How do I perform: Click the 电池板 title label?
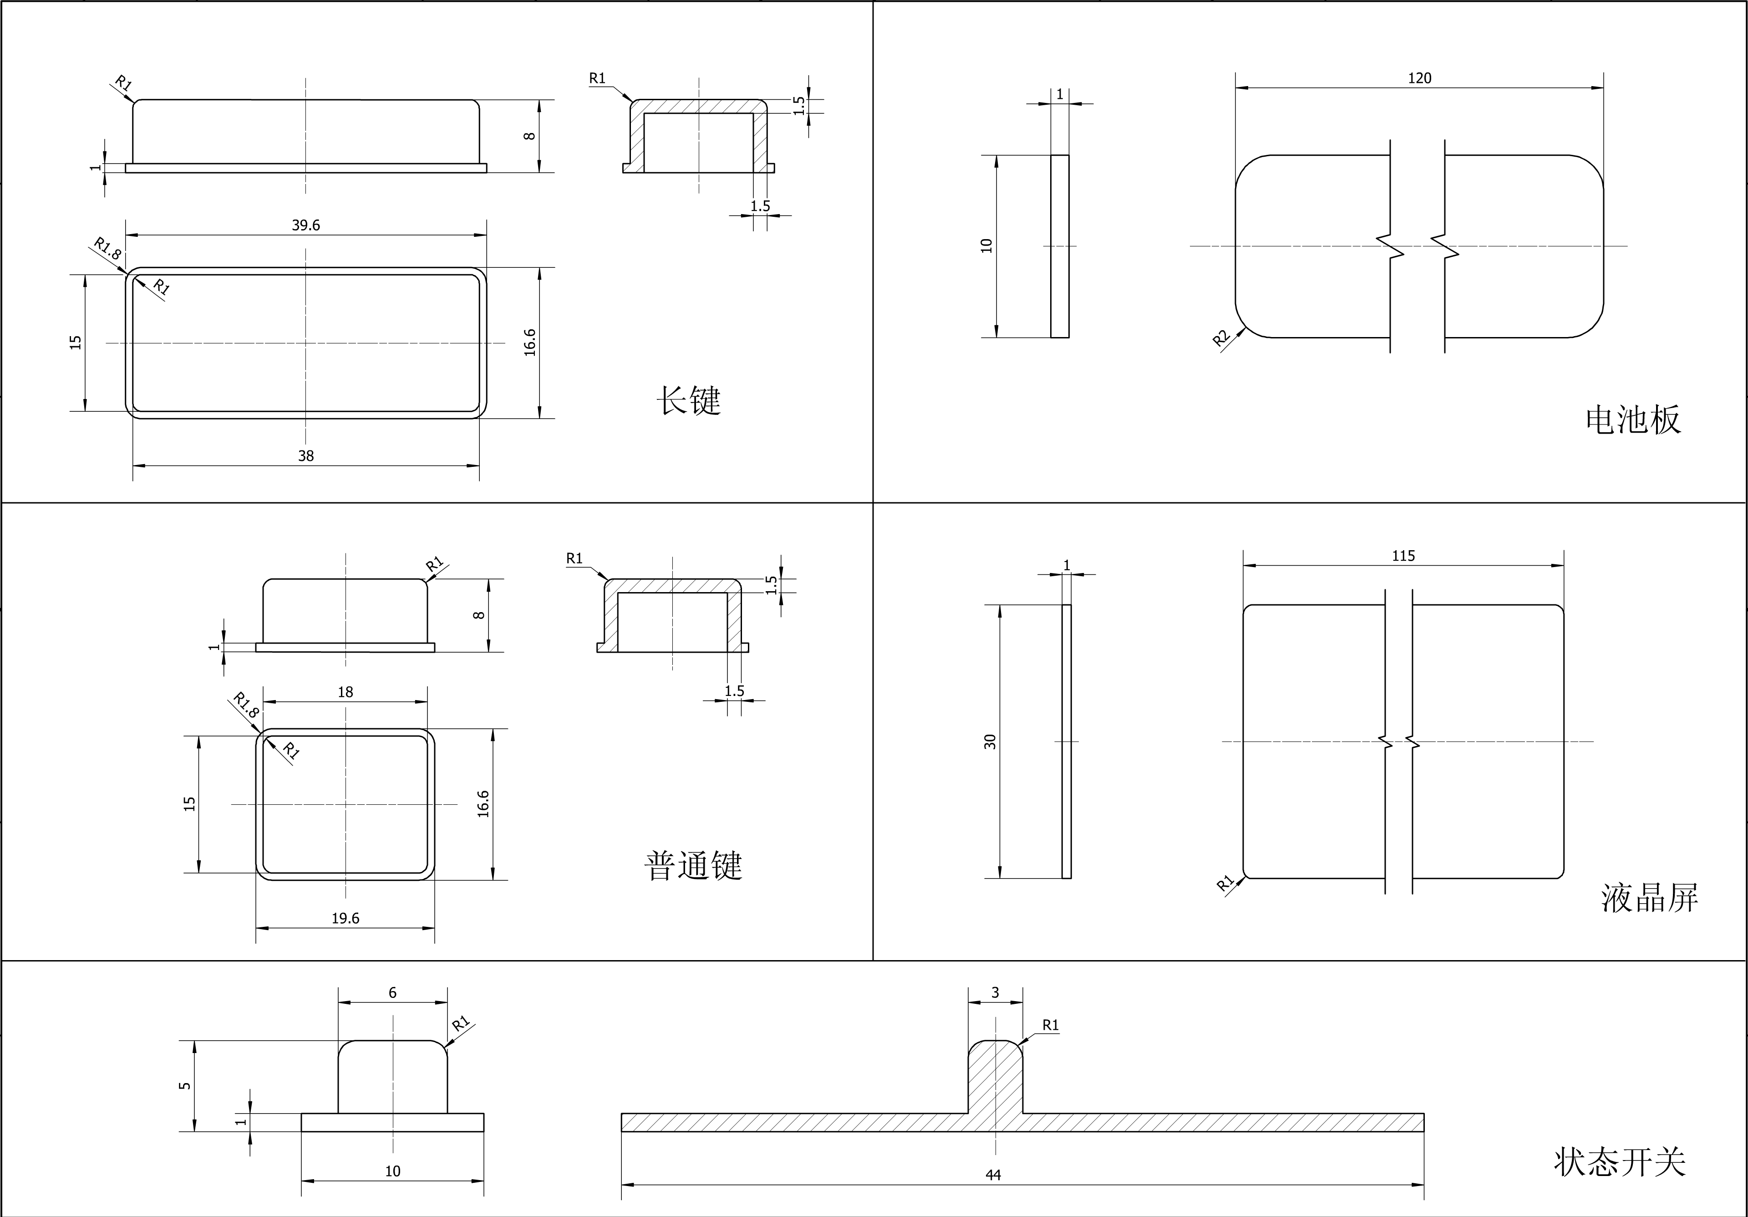click(x=1633, y=419)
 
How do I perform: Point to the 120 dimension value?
click(x=1419, y=78)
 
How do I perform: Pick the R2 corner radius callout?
click(x=1221, y=338)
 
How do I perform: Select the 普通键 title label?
click(x=693, y=865)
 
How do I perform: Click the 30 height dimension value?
click(x=990, y=741)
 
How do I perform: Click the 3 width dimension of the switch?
click(x=995, y=993)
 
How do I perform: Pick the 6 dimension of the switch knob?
click(x=392, y=993)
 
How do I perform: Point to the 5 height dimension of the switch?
click(x=185, y=1085)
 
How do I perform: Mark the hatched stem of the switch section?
click(x=995, y=1078)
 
